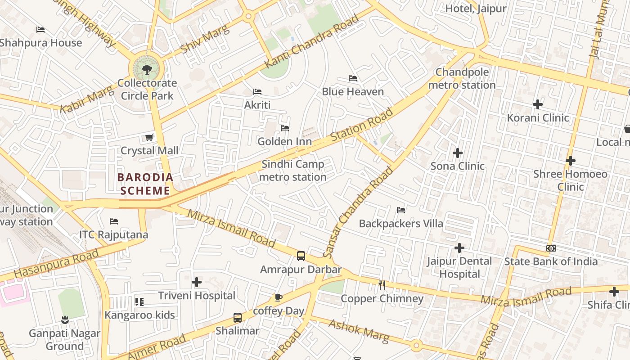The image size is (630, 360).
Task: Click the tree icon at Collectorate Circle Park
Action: pyautogui.click(x=147, y=69)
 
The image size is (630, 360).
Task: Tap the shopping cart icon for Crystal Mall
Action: pyautogui.click(x=149, y=137)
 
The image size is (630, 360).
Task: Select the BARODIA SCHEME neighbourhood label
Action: pyautogui.click(x=145, y=184)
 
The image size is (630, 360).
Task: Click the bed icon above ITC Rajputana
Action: pyautogui.click(x=114, y=221)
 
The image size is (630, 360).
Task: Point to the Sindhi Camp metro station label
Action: pyautogui.click(x=292, y=171)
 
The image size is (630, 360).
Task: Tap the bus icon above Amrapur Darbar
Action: pyautogui.click(x=301, y=256)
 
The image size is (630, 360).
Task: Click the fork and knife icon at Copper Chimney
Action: pyautogui.click(x=382, y=285)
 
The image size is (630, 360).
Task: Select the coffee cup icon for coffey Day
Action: pyautogui.click(x=279, y=297)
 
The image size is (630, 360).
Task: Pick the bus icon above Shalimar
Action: pyautogui.click(x=238, y=317)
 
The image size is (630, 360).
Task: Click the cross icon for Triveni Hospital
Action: pyautogui.click(x=197, y=282)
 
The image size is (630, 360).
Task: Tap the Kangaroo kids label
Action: pyautogui.click(x=139, y=315)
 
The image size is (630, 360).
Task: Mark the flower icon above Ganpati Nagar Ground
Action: pyautogui.click(x=65, y=320)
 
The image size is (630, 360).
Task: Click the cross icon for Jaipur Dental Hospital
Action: pyautogui.click(x=459, y=248)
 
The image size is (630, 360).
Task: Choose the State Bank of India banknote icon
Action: pyautogui.click(x=551, y=248)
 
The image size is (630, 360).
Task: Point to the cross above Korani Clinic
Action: pyautogui.click(x=538, y=104)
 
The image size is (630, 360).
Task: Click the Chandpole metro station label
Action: pyautogui.click(x=462, y=78)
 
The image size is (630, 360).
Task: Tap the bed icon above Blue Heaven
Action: pyautogui.click(x=353, y=78)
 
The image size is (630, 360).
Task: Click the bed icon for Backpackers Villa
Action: pyautogui.click(x=401, y=210)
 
